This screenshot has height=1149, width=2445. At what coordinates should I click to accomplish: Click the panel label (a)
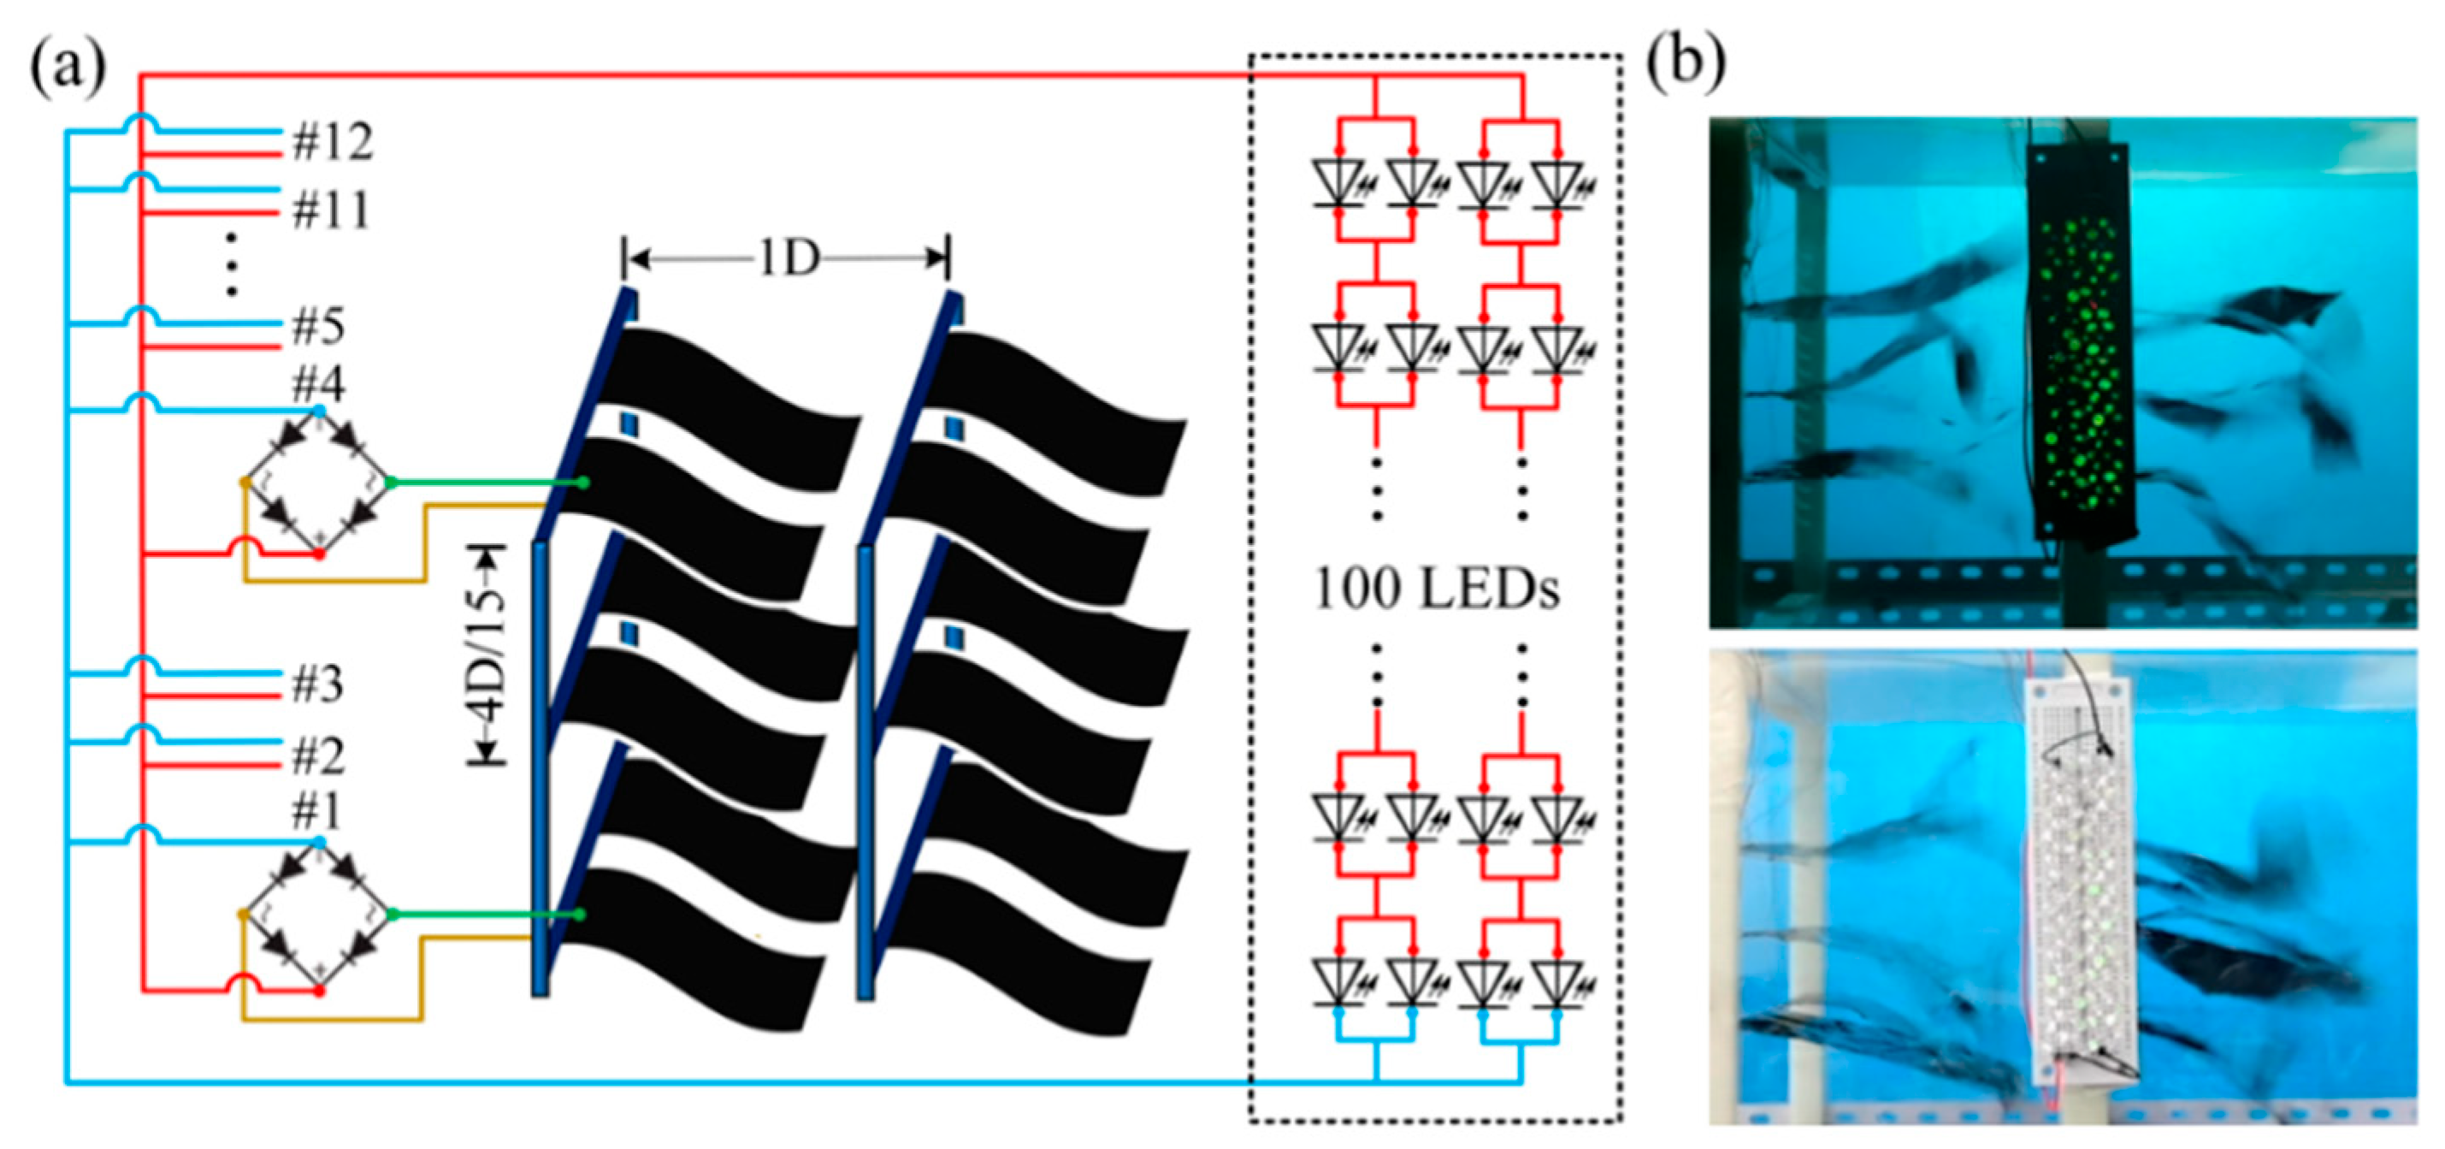pyautogui.click(x=68, y=68)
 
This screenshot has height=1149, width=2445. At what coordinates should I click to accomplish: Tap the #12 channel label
pyautogui.click(x=332, y=142)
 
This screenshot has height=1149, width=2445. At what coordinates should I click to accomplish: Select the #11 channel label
pyautogui.click(x=330, y=210)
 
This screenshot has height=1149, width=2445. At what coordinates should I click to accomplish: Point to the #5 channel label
pyautogui.click(x=318, y=328)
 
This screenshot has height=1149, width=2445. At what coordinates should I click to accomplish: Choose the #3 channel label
pyautogui.click(x=318, y=684)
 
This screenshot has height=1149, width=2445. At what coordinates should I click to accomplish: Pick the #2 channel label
pyautogui.click(x=318, y=757)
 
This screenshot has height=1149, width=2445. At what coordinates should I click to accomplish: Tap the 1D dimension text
pyautogui.click(x=788, y=258)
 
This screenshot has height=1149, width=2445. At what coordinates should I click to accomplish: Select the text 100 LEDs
pyautogui.click(x=1436, y=589)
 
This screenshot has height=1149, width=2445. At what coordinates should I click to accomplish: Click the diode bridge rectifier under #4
pyautogui.click(x=319, y=483)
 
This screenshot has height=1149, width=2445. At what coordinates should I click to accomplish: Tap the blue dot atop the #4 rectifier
pyautogui.click(x=320, y=410)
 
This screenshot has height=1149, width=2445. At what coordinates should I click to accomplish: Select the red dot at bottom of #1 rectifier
pyautogui.click(x=320, y=991)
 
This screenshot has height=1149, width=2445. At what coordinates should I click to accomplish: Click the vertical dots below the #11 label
pyautogui.click(x=231, y=264)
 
